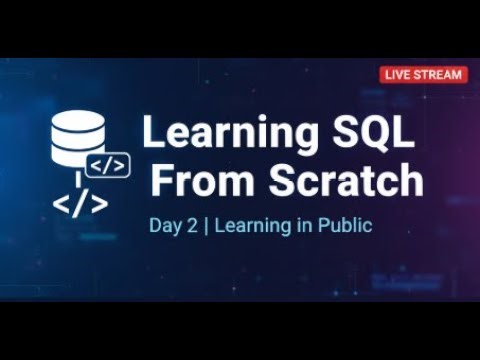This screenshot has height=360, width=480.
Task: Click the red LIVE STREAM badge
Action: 423,74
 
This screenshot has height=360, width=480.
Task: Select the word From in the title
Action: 197,181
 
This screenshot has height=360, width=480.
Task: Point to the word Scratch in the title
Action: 339,181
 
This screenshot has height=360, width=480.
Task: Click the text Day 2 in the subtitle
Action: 167,226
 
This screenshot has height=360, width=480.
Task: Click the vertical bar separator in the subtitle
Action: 194,226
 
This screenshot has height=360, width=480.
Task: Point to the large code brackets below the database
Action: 80,203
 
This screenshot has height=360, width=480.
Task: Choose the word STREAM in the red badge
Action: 436,74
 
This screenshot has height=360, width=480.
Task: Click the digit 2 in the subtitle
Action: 183,226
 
